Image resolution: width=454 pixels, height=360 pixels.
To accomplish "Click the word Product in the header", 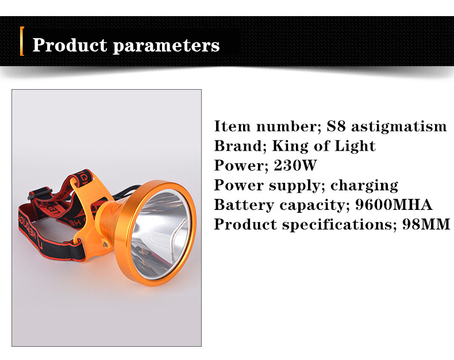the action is click(70, 45).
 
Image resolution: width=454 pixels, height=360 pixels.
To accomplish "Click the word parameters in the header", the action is click(166, 46).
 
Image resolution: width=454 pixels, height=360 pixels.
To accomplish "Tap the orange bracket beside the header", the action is click(22, 41).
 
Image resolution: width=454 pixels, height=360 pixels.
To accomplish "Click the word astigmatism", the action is click(399, 127).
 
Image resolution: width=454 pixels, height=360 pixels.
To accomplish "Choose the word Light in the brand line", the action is click(355, 147).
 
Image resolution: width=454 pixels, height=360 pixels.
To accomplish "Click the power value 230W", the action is click(295, 166).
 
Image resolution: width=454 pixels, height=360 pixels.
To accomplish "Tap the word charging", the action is click(364, 186).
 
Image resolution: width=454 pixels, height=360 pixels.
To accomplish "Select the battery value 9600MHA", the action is click(394, 205).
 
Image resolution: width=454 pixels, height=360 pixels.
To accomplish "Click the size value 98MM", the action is click(426, 224).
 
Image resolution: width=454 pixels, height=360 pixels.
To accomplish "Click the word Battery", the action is click(244, 205).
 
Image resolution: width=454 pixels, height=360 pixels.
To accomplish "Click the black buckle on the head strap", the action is click(40, 194).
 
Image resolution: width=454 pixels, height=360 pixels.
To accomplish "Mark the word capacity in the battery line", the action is click(314, 205).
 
